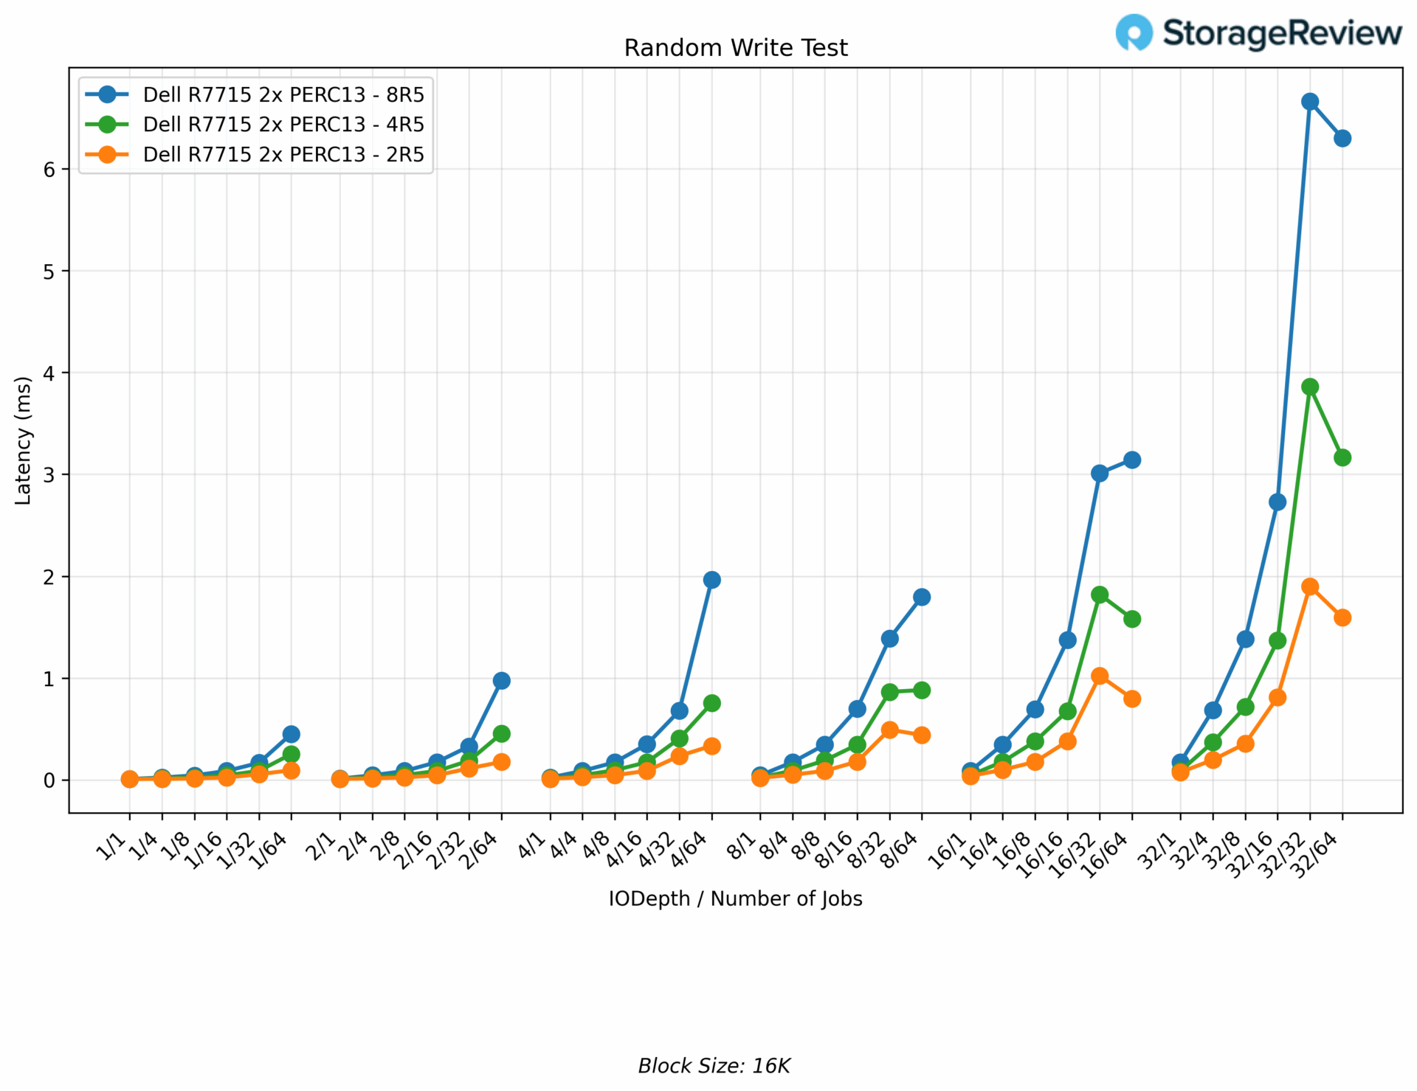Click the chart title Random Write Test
pos(736,48)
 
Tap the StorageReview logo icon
pos(1134,32)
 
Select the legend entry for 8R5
pos(283,94)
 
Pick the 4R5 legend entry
pos(283,124)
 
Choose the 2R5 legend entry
pos(283,154)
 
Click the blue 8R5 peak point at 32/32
pos(1310,102)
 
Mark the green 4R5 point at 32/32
pos(1310,387)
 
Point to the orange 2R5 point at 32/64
pos(1342,617)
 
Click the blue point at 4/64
pos(712,580)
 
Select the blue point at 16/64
pos(1132,460)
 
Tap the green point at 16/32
pos(1100,595)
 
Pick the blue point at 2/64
pos(502,680)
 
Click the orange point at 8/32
pos(889,730)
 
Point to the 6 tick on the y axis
pos(49,170)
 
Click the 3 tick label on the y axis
pos(49,475)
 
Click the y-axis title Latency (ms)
pos(24,440)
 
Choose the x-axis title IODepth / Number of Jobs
pos(735,898)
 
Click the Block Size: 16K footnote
pos(714,1066)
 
